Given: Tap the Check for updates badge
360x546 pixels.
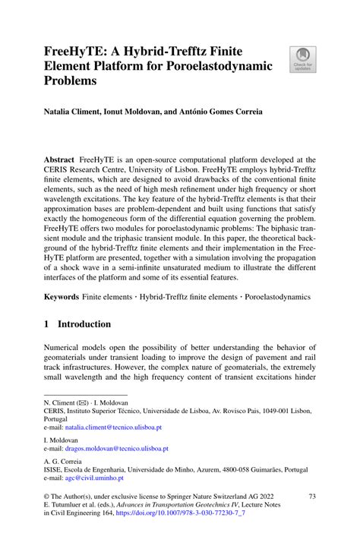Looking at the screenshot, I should point(303,59).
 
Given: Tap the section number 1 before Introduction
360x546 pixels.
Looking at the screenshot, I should point(47,324).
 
